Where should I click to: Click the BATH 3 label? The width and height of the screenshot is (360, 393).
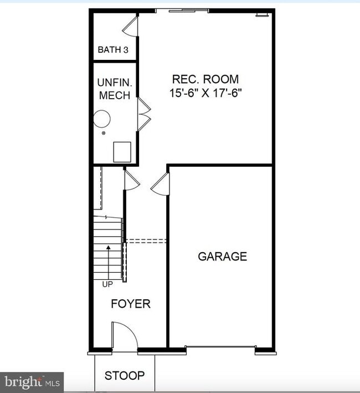[x=113, y=50]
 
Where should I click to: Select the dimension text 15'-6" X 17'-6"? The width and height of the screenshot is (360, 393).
[x=206, y=93]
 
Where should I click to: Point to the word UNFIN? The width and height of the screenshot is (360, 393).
[x=114, y=82]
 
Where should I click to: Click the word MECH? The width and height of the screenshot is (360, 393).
[x=114, y=95]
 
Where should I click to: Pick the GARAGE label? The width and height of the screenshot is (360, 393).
[x=222, y=257]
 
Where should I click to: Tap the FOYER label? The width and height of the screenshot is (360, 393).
[x=130, y=304]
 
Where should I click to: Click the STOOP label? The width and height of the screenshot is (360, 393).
[x=125, y=376]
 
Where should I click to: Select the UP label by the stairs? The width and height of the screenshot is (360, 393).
[x=107, y=284]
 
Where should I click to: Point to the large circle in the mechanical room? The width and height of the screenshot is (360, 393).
[x=101, y=118]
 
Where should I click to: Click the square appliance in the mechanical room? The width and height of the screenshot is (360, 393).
[x=122, y=151]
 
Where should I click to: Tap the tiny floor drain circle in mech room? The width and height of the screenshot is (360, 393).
[x=103, y=133]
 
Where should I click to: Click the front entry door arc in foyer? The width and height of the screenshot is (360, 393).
[x=124, y=335]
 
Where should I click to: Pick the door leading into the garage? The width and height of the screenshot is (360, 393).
[x=161, y=183]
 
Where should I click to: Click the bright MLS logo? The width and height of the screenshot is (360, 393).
[x=32, y=381]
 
